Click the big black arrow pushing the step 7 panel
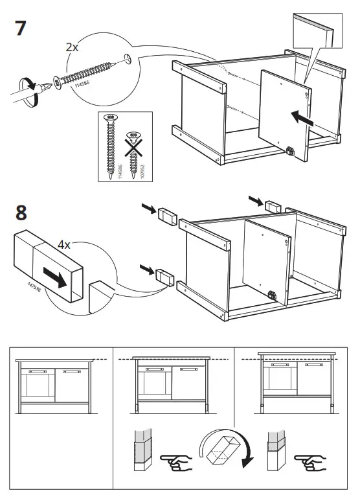303,118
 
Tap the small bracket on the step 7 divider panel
290,150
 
